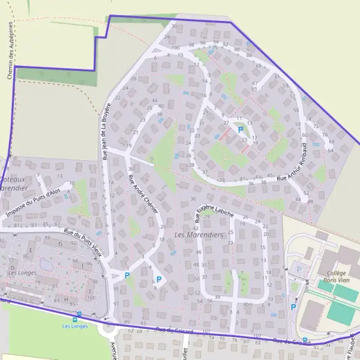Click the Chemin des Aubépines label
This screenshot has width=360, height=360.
(x=10, y=51)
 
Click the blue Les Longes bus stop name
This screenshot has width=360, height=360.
(x=75, y=326)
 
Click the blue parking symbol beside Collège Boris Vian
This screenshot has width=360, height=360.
(x=293, y=307)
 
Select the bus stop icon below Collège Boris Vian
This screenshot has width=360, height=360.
(x=305, y=340)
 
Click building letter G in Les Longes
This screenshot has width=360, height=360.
(x=60, y=244)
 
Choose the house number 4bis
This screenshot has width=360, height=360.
(x=248, y=304)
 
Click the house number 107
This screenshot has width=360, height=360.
(x=257, y=335)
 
